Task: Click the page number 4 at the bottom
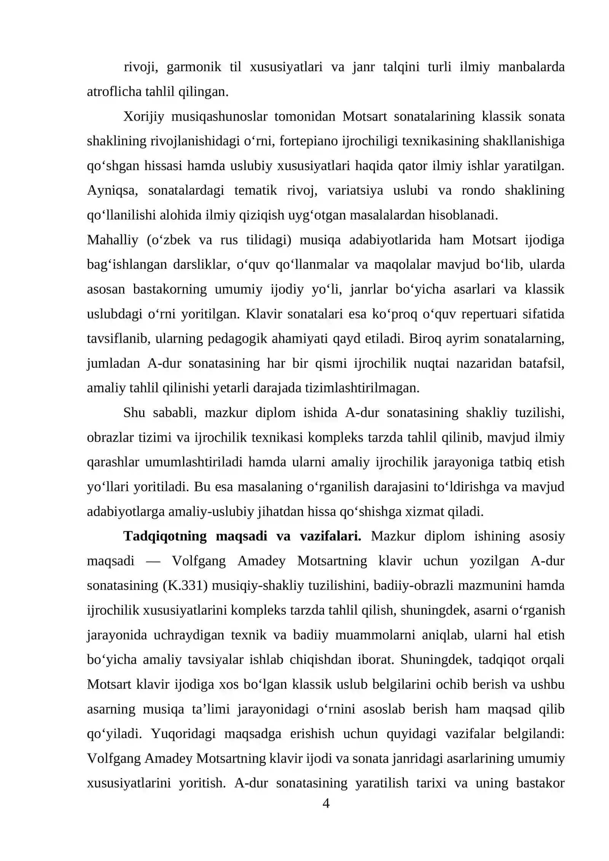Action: point(326,804)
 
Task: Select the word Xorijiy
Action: point(143,116)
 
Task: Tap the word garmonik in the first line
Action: point(194,67)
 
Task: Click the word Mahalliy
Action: point(112,240)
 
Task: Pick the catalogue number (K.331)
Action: point(185,585)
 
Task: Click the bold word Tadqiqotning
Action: point(165,536)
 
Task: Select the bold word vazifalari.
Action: point(330,536)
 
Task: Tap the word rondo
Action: point(478,190)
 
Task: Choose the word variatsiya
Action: point(355,190)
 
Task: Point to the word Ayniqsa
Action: point(112,190)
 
